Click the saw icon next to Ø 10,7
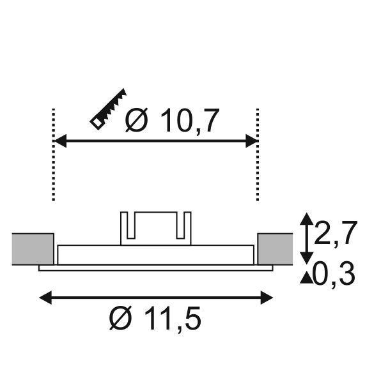pos(109,109)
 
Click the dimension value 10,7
pos(189,121)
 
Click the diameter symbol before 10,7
pos(137,121)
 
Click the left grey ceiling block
pos(33,248)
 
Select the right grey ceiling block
pos(275,248)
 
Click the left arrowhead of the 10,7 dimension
pos(59,141)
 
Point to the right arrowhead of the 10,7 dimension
pos(251,141)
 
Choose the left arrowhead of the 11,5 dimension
pos(45,296)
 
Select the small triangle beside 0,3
pos(307,277)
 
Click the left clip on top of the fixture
pos(127,227)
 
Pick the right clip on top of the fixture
pos(184,227)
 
